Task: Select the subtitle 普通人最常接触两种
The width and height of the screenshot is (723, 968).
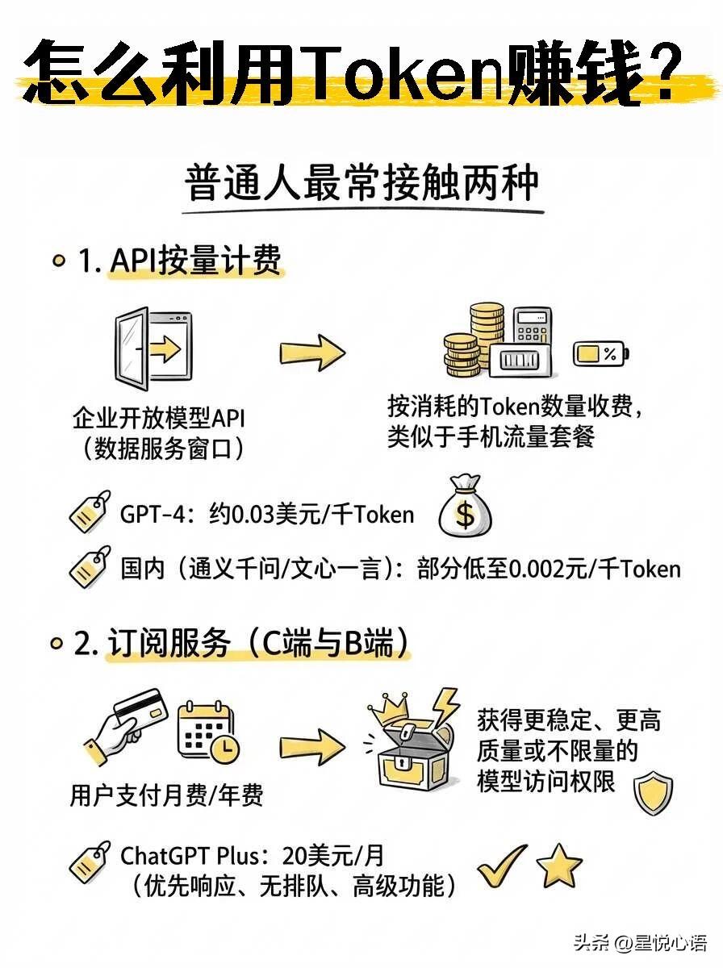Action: point(361,185)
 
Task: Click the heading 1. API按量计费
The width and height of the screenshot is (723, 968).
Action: point(179,261)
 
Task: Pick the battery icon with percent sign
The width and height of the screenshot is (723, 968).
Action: point(600,353)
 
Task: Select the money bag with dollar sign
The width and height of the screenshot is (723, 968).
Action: point(465,507)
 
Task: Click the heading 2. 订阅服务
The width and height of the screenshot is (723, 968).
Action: point(242,645)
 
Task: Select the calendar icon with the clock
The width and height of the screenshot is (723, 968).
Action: point(208,732)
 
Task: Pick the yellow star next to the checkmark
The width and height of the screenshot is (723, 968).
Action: point(559,866)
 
